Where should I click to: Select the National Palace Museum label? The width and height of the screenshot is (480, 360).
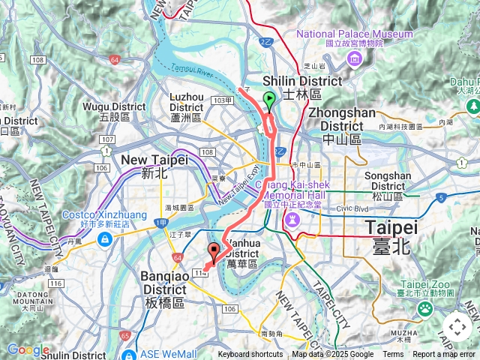[x=355, y=39]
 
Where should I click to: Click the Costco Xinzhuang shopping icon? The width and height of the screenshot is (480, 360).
[x=105, y=238]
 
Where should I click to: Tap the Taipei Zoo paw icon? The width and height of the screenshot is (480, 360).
[x=426, y=307]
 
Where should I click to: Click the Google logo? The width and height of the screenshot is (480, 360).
[x=28, y=350]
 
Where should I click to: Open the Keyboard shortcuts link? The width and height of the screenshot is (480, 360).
[x=250, y=355]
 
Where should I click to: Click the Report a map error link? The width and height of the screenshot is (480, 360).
[x=443, y=355]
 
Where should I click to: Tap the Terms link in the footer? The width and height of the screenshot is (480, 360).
[x=393, y=355]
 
